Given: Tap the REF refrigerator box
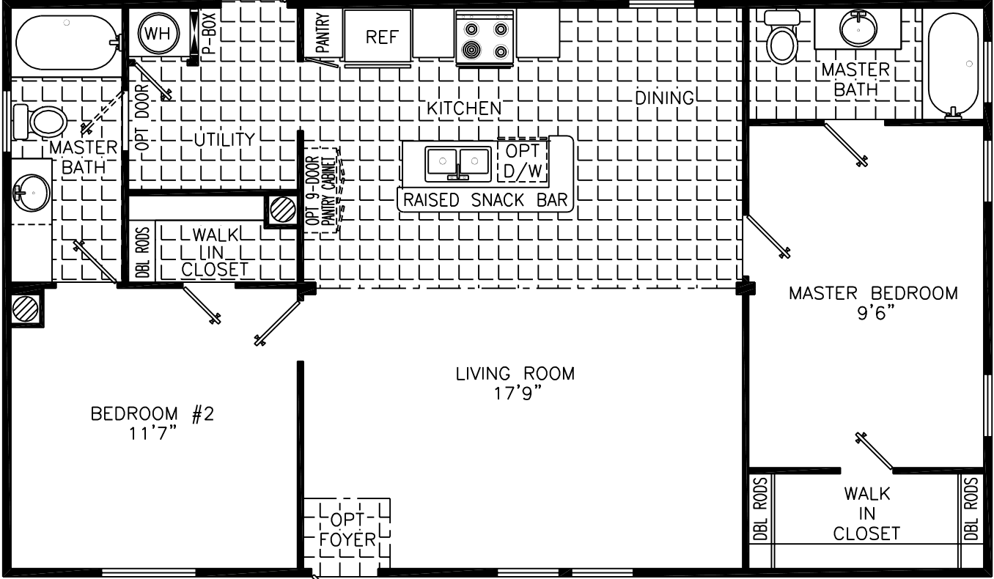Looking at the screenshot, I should coord(381,37).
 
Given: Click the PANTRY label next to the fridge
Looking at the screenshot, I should coord(323,34).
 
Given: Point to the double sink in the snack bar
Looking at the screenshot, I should coord(459,162).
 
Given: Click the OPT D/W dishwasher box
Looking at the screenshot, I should coord(522,161).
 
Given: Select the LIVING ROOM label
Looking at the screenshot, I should coord(515,374).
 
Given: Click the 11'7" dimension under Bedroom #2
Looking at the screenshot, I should coord(152,432).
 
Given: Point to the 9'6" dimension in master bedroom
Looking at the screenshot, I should coord(872,311).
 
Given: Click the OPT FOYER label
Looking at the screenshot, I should coord(347,530).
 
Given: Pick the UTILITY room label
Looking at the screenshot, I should coord(225,139).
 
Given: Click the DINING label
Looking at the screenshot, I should coord(664,97).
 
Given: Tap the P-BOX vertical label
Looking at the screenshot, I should coord(208,33).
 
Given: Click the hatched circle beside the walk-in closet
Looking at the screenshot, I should coord(281,210).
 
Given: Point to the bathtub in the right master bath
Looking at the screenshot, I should coord(953,62).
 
